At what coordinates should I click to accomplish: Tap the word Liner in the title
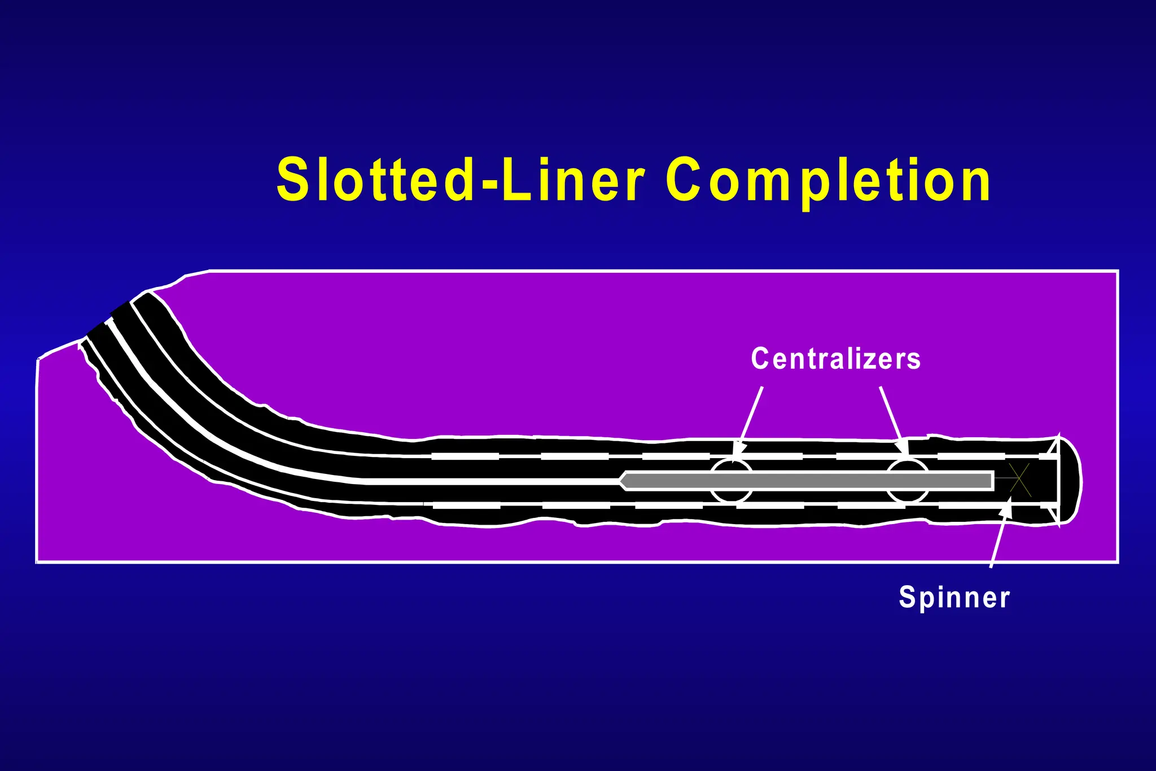(x=573, y=180)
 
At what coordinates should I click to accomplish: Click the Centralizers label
(x=835, y=359)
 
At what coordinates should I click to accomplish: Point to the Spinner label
(x=954, y=598)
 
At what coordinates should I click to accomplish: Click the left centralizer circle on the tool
(x=731, y=481)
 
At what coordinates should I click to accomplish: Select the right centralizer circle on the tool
(x=907, y=481)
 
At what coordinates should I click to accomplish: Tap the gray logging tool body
(x=807, y=481)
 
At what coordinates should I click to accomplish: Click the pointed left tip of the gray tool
(x=622, y=481)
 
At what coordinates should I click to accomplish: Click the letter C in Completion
(x=684, y=180)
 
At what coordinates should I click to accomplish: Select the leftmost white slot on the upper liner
(x=465, y=456)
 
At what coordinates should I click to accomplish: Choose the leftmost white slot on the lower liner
(x=466, y=506)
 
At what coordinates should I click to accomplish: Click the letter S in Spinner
(x=907, y=596)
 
